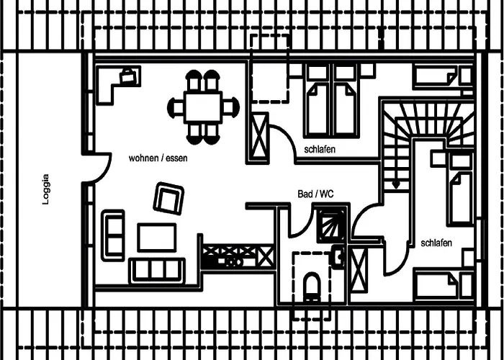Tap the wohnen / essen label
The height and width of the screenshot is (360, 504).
pos(158,158)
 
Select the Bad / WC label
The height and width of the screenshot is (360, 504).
pos(315,194)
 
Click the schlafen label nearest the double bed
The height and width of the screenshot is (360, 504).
pos(320,149)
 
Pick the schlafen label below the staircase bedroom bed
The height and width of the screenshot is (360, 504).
pos(436,243)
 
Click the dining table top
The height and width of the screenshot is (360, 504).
pos(204,107)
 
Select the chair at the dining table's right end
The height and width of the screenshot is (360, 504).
pos(230,108)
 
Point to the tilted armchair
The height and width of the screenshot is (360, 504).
pos(168,198)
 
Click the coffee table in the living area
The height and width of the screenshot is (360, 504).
pos(157,238)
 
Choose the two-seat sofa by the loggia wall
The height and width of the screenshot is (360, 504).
pos(113,235)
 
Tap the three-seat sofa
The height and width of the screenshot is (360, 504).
pos(156,271)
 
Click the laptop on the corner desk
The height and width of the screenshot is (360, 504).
pos(128,74)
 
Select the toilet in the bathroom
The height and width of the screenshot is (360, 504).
pos(312,286)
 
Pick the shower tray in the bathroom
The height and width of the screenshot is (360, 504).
pos(332,222)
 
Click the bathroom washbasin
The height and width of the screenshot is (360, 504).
pos(338,255)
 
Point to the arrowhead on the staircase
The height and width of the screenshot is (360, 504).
pos(395,186)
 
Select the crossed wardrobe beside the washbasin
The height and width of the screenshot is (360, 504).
pos(358,269)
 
